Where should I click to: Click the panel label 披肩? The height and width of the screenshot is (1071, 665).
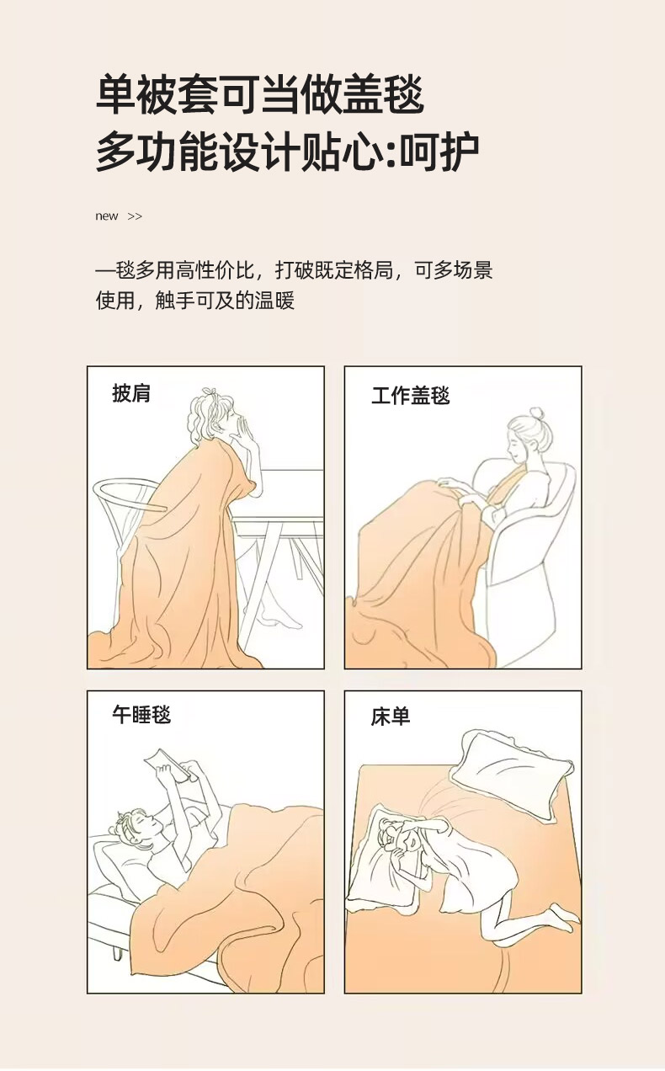point(131,393)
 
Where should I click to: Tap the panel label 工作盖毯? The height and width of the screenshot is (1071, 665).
point(411,397)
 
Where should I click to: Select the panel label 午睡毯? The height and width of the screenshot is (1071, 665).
point(141,715)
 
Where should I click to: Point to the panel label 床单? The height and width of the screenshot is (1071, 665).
point(390,717)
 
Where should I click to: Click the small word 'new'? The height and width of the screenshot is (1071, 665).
point(106,216)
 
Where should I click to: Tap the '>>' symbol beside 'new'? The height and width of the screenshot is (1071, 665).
point(135,216)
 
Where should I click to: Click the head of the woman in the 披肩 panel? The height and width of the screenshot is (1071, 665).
point(214,414)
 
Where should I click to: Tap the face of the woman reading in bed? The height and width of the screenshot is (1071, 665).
point(142,827)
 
